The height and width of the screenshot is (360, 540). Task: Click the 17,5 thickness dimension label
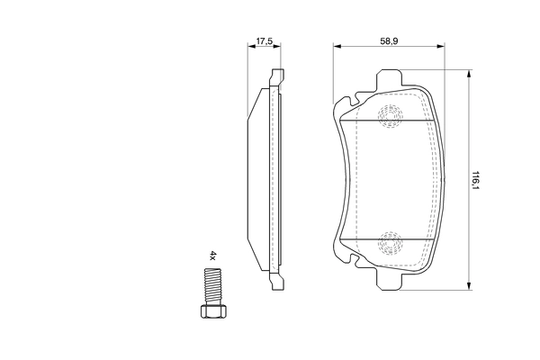[264, 41]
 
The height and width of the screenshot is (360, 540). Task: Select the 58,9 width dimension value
[389, 41]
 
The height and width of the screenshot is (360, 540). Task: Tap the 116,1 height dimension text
[476, 181]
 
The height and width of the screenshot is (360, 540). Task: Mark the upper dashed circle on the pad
[390, 115]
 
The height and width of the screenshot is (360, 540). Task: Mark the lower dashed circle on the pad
[390, 240]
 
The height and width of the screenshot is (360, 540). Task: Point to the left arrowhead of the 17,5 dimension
[251, 49]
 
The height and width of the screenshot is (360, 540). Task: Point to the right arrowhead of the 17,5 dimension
[277, 49]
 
